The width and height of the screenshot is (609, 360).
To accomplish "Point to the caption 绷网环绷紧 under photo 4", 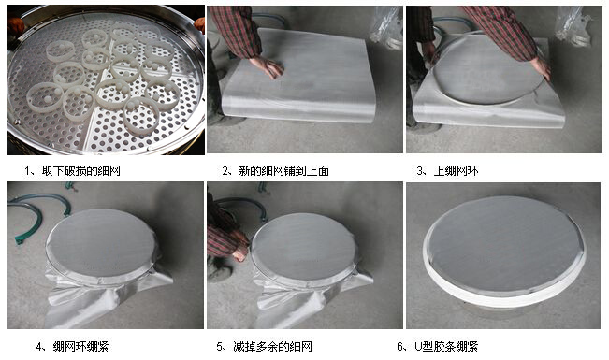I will click(80, 346).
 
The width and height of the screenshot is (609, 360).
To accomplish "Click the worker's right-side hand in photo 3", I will click(540, 67).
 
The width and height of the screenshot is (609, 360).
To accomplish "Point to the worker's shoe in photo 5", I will click(216, 273).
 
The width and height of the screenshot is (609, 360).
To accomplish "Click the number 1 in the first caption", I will click(27, 171).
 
